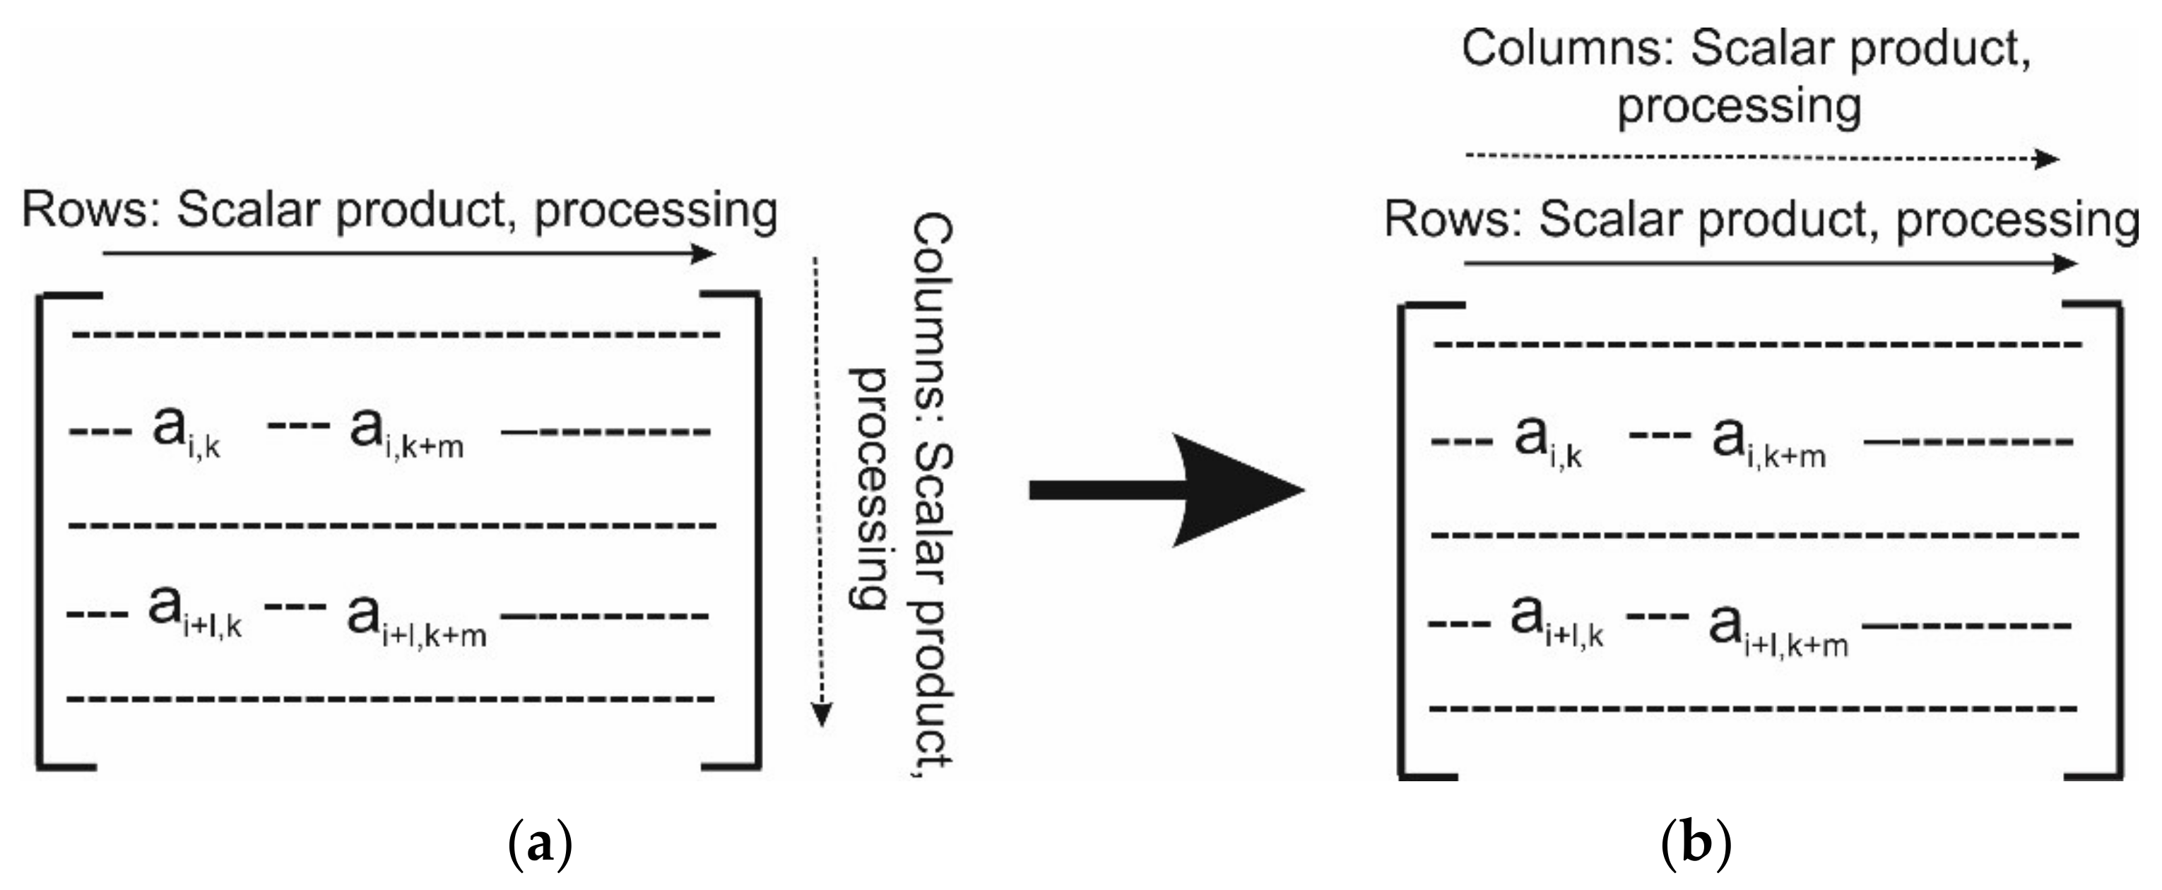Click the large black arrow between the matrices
[x=1166, y=490]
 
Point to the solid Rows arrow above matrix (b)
[x=1771, y=263]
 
